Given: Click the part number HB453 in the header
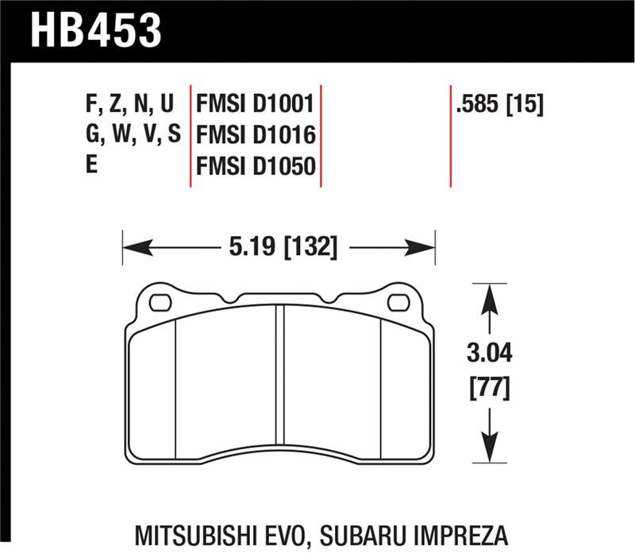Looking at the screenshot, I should click(x=96, y=29).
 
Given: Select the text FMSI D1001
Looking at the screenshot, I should click(x=256, y=104).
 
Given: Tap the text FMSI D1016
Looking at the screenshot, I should click(x=256, y=136).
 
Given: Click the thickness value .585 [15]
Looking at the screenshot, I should click(x=499, y=104).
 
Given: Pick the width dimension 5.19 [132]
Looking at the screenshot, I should click(x=283, y=248).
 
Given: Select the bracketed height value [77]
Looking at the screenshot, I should click(x=491, y=389).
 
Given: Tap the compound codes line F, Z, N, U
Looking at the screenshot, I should click(x=128, y=104).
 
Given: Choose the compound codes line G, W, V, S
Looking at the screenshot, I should click(x=133, y=136).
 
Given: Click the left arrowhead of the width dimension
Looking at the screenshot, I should click(x=132, y=248).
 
